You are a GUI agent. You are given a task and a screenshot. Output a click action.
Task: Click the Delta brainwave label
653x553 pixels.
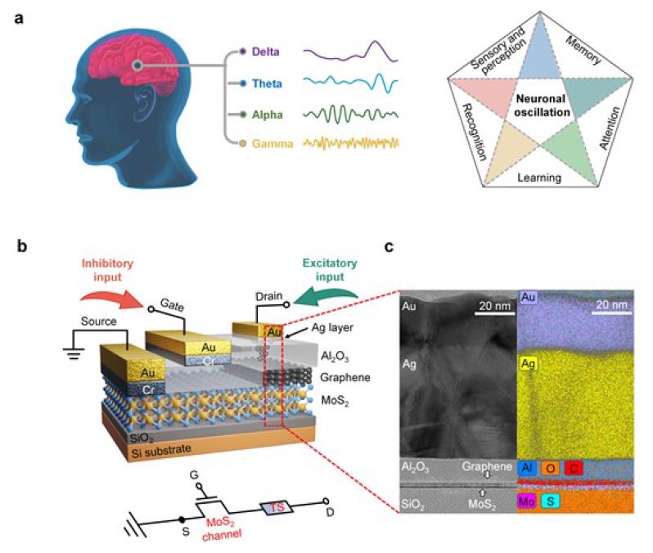coord(265,52)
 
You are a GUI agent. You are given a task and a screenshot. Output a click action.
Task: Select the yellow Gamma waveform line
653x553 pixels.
coord(351,143)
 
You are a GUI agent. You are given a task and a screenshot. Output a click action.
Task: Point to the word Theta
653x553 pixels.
coord(267,83)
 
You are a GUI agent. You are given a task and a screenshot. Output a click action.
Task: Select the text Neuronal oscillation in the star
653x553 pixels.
coord(542,106)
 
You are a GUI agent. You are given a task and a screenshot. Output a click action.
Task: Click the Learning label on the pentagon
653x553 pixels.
coord(539,178)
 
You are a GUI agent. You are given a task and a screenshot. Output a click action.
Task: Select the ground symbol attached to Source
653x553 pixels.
coord(74,354)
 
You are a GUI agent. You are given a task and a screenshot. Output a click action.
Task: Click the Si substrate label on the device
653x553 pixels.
coord(161,451)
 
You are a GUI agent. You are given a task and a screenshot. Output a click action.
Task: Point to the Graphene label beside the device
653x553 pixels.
coord(345,378)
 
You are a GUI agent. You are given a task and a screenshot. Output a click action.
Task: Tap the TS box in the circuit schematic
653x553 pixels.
coord(277,507)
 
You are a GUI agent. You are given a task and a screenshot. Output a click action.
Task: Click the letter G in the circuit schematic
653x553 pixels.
coord(194,475)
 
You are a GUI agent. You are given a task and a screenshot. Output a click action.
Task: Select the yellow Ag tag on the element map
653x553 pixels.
coord(528,364)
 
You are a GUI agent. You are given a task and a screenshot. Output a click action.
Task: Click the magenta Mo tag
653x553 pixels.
coord(526,501)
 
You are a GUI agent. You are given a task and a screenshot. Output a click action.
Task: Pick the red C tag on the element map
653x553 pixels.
coord(574,469)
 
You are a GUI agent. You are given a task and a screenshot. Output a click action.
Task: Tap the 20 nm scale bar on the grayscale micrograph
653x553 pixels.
coord(494,313)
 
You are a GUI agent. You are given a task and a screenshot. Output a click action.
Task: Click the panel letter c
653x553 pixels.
coord(389,246)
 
